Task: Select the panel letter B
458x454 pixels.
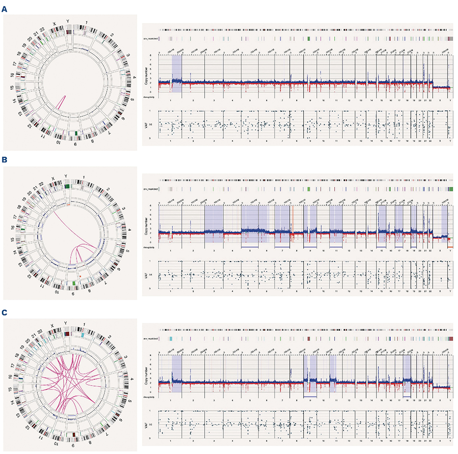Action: [5, 160]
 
